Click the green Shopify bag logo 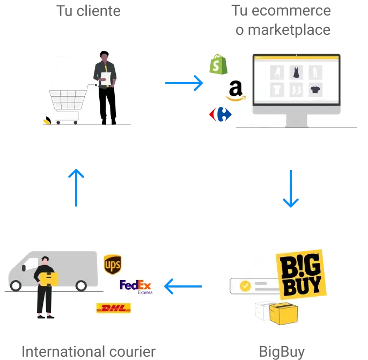(217, 65)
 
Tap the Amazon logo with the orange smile (235, 90)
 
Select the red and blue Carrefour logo (220, 114)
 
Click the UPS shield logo (112, 265)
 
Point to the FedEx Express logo (136, 286)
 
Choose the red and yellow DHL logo (113, 308)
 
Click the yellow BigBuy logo (301, 274)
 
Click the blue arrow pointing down (291, 188)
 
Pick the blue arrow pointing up (76, 188)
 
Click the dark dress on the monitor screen (297, 72)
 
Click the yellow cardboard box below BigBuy (283, 313)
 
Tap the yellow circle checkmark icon (245, 286)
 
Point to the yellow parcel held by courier (49, 278)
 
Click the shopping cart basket (68, 100)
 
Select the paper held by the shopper (106, 79)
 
